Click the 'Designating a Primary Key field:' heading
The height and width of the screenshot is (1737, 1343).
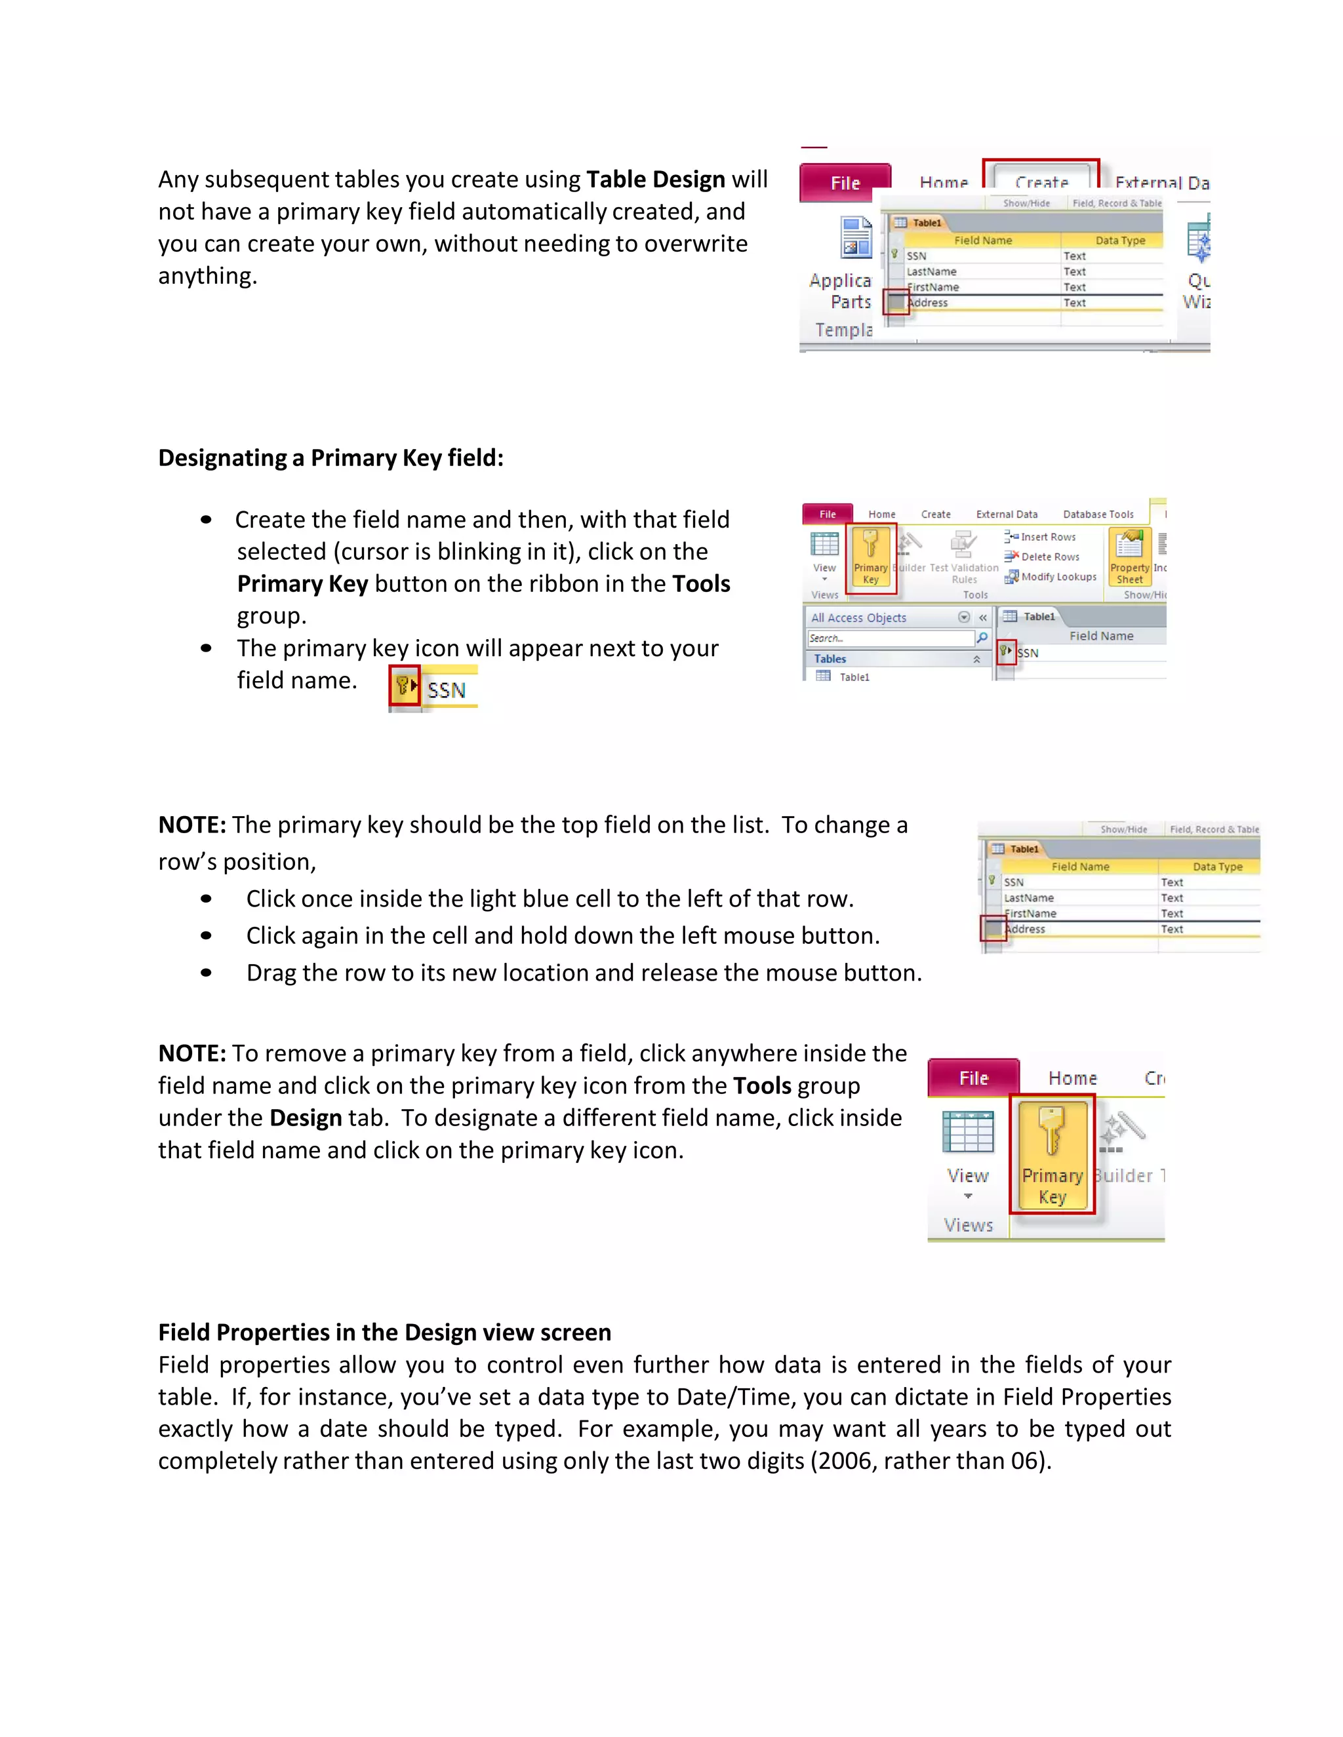tap(331, 458)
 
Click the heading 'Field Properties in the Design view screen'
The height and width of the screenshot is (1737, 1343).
tap(384, 1332)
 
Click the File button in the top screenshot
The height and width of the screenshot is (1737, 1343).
tap(844, 183)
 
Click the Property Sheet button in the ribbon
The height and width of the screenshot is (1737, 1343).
tap(1129, 556)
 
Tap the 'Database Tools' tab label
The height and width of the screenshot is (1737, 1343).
tap(1098, 515)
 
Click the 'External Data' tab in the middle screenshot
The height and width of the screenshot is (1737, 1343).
tap(1007, 515)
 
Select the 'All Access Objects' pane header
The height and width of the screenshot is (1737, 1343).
tap(858, 618)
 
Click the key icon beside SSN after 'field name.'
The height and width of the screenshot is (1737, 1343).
tap(403, 686)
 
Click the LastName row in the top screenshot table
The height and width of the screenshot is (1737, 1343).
tap(932, 272)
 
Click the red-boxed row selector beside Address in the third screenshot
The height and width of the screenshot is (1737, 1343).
tap(993, 929)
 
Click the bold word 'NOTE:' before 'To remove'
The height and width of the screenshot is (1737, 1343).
tap(191, 1054)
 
